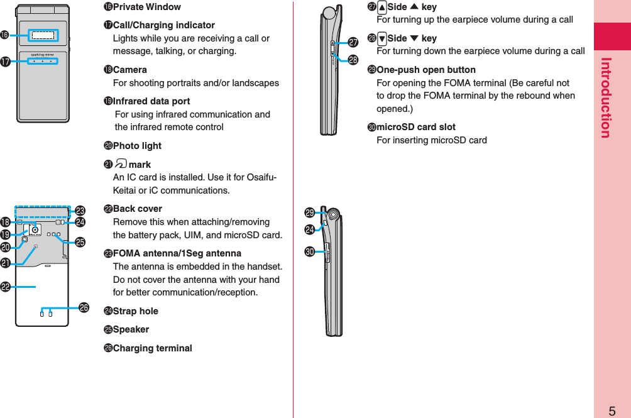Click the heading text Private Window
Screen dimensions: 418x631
tap(146, 7)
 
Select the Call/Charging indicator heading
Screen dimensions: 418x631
tap(163, 25)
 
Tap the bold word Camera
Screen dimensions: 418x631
tap(129, 70)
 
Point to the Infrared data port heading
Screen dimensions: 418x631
tap(151, 101)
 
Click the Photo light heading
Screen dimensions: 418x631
tap(137, 146)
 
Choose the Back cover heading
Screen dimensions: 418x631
tap(137, 209)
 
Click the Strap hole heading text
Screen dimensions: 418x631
tap(135, 311)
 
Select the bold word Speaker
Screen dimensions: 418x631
tap(131, 329)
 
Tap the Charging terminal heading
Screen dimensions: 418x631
tap(152, 348)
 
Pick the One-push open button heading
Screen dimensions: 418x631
tap(425, 70)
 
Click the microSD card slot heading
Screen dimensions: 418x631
tap(415, 127)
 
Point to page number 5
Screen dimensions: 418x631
tap(612, 412)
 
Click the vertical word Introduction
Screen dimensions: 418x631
tap(606, 97)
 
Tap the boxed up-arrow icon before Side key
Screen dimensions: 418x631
tap(381, 8)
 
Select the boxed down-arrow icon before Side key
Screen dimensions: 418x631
tap(381, 39)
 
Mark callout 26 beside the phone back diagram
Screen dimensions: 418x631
tap(84, 307)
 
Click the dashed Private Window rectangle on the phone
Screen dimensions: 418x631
tap(43, 36)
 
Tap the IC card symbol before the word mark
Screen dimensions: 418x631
tap(119, 165)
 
